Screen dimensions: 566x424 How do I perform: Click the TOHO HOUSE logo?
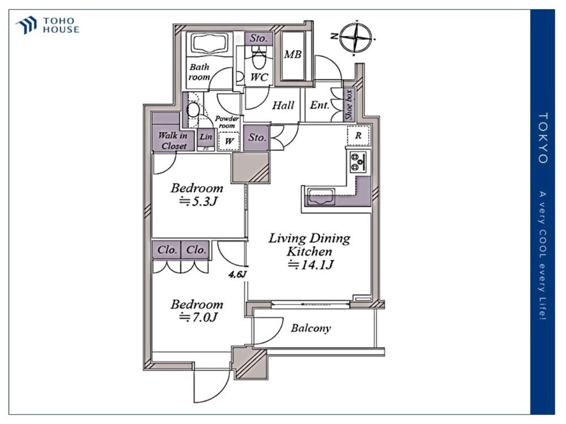click(48, 25)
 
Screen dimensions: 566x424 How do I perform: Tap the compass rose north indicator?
click(356, 37)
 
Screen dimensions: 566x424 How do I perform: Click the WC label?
click(259, 77)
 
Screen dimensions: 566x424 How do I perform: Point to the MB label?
click(293, 54)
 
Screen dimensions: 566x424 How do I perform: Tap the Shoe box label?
click(348, 105)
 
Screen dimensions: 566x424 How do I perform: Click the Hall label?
click(283, 105)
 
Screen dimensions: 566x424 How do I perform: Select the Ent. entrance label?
click(319, 105)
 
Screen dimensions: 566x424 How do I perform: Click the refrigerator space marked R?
click(358, 136)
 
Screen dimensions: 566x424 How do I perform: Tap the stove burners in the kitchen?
click(358, 161)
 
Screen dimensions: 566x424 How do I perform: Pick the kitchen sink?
click(320, 197)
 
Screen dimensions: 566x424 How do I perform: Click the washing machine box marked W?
click(229, 141)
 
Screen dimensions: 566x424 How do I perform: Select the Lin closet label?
click(206, 137)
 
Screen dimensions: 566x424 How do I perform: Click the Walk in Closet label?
click(173, 141)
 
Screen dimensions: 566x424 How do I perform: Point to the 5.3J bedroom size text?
click(199, 201)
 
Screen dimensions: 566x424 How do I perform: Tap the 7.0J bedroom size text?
click(199, 317)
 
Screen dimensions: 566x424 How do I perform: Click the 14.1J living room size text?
click(311, 265)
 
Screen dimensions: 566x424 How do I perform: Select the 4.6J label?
click(237, 274)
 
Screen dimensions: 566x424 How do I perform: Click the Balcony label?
click(311, 328)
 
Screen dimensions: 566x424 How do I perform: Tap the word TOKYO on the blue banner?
click(543, 138)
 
